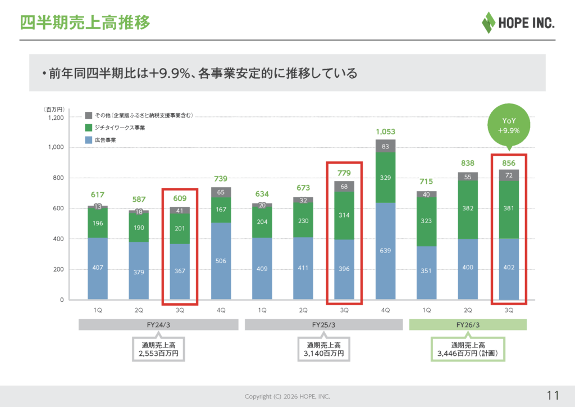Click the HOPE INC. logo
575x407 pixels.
point(518,22)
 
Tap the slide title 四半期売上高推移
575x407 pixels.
point(85,23)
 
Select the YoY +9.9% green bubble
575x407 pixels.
point(509,125)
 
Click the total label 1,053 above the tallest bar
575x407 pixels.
point(385,132)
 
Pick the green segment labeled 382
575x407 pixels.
point(468,207)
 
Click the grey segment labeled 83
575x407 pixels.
point(385,146)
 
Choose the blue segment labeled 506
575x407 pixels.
point(221,261)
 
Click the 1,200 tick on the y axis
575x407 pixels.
point(56,118)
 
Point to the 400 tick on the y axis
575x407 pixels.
point(58,239)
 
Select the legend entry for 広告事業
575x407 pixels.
point(101,140)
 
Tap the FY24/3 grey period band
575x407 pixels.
point(159,325)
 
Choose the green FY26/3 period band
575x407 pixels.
point(468,325)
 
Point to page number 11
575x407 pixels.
point(552,396)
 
